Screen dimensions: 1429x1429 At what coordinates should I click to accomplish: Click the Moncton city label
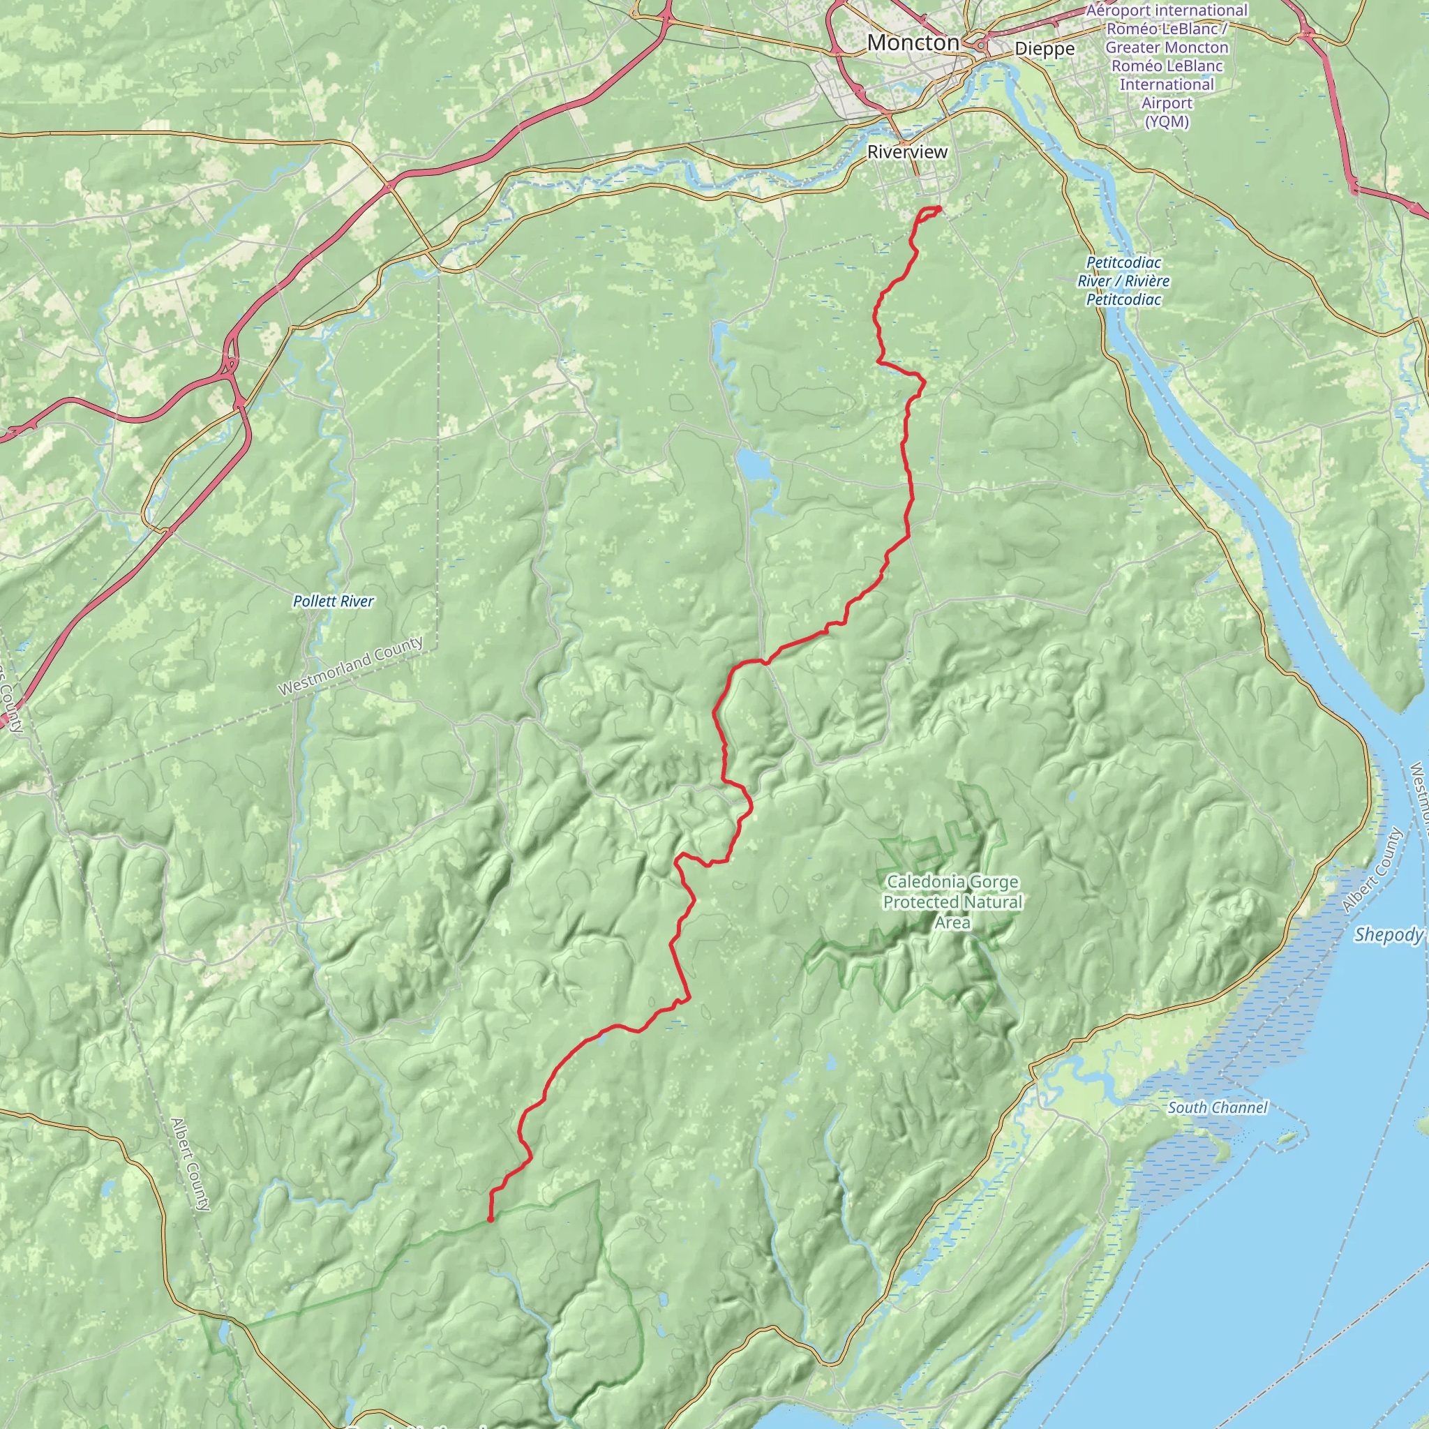click(x=913, y=43)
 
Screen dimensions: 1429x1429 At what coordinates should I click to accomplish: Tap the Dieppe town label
click(x=1045, y=50)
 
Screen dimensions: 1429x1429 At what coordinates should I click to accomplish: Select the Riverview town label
click(x=907, y=152)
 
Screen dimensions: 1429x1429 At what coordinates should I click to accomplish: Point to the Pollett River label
click(x=333, y=601)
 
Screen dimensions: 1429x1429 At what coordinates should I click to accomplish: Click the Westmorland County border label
click(x=350, y=666)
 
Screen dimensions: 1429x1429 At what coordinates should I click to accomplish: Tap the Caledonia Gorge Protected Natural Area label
click(x=952, y=901)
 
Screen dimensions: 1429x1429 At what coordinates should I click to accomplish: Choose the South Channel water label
click(x=1217, y=1107)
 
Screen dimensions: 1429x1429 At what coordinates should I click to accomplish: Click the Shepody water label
click(x=1389, y=935)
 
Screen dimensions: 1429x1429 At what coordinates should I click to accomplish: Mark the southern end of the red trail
click(x=491, y=1220)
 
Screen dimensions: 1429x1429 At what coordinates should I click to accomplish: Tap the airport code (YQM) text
click(x=1167, y=122)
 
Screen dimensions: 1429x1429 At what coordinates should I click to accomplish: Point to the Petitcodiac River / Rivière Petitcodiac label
click(x=1123, y=281)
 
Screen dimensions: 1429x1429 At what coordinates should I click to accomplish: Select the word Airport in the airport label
click(x=1167, y=103)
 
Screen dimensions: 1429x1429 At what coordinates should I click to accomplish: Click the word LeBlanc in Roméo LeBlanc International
click(x=1185, y=66)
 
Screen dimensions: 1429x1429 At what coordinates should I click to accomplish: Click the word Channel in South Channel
click(x=1239, y=1107)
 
